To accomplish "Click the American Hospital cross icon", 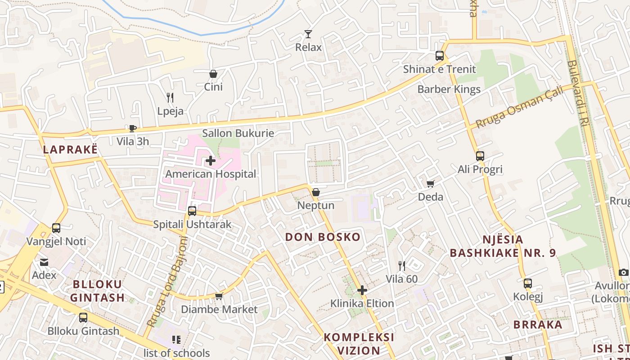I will tap(210, 161).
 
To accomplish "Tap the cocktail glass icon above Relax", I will tap(308, 34).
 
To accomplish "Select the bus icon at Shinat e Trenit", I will tap(440, 56).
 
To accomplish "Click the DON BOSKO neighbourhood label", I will tap(323, 237).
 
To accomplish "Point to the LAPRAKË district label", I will tap(70, 150).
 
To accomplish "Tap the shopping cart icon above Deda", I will tap(431, 184).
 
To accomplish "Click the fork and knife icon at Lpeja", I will tap(170, 98).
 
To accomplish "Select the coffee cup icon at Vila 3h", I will tap(132, 128).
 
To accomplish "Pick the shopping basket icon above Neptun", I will tap(316, 192).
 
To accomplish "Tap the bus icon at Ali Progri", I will tap(480, 156).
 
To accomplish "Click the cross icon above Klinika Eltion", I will tap(362, 290).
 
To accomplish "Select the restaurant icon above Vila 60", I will tap(402, 266).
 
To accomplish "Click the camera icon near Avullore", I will tap(623, 272).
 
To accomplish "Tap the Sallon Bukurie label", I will tap(238, 133).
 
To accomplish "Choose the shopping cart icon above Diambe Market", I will tap(219, 296).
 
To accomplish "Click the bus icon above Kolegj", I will tap(528, 283).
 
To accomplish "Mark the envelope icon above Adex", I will tap(44, 262).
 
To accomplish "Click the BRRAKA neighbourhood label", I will tap(538, 324).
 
